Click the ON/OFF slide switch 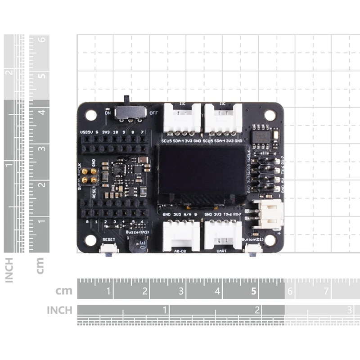(130, 112)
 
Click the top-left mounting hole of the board (91, 115)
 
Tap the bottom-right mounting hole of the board (270, 241)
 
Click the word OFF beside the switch (153, 113)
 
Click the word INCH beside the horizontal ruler (59, 310)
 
